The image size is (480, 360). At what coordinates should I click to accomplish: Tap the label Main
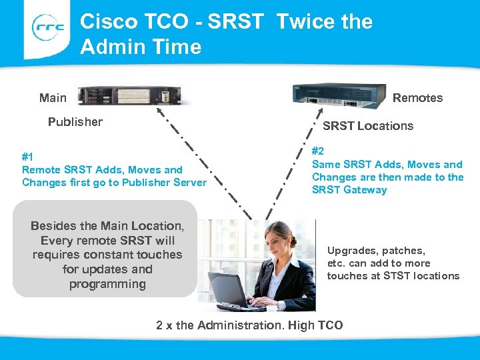coord(53,98)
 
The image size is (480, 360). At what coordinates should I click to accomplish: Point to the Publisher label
coord(75,122)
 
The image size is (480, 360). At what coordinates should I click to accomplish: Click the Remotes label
coord(417,98)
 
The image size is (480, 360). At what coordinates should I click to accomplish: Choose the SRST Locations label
coord(368,126)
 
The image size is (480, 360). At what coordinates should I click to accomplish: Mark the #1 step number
coord(28,157)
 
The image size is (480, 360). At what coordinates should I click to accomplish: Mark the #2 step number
coord(319,151)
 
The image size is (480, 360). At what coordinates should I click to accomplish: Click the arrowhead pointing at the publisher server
coord(162,98)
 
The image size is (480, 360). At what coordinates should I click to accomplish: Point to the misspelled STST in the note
coord(397,276)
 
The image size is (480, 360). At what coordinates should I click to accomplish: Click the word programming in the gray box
coord(107,285)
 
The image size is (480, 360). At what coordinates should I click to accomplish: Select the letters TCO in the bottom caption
coord(331,325)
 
